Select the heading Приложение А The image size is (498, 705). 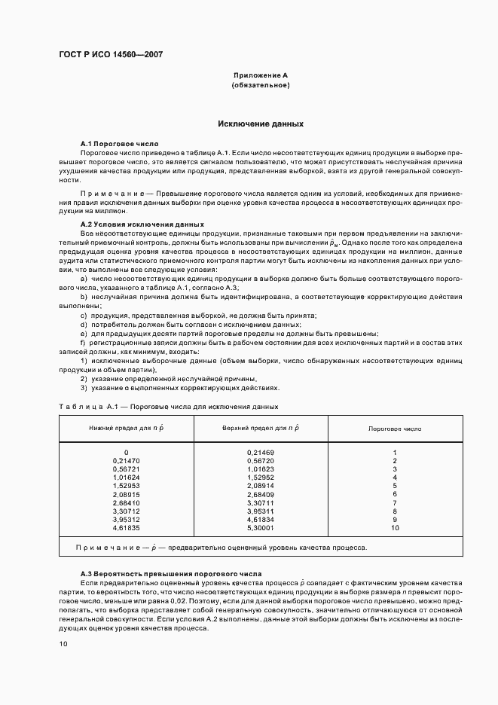tap(261, 76)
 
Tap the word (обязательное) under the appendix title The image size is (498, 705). tap(261, 86)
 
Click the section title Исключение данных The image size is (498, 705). tap(261, 123)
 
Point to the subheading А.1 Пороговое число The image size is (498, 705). tap(120, 142)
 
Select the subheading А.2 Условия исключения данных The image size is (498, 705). tap(142, 224)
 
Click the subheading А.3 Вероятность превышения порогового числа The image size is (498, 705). tap(171, 574)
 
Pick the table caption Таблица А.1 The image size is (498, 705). tap(85, 407)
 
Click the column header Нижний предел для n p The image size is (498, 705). tap(126, 428)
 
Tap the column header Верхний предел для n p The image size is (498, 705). tap(261, 428)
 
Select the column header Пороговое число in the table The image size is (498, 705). tap(395, 428)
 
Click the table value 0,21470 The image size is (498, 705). tap(126, 460)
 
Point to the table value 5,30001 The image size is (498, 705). tap(261, 529)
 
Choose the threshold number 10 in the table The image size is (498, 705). tap(395, 529)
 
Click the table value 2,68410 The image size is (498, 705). tap(126, 502)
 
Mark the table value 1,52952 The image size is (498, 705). tap(261, 478)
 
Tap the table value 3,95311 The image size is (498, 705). tap(261, 511)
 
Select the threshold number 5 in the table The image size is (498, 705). tap(395, 486)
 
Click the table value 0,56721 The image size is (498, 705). tap(126, 468)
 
